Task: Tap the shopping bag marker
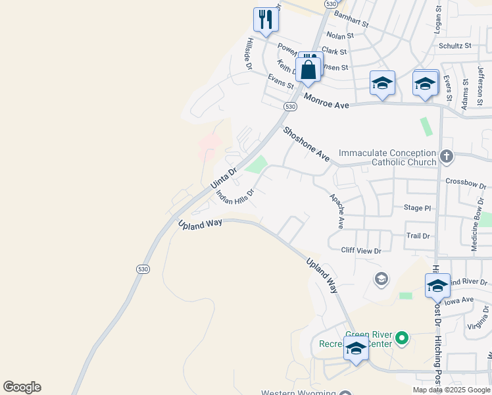[x=308, y=68]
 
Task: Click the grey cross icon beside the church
[x=447, y=156]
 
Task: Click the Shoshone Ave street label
[x=306, y=144]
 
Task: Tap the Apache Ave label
[x=337, y=211]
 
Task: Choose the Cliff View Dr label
[x=361, y=251]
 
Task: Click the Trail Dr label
[x=418, y=235]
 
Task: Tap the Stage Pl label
[x=417, y=208]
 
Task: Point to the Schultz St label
[x=455, y=45]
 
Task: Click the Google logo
[x=22, y=387]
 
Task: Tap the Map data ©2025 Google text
[x=451, y=390]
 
